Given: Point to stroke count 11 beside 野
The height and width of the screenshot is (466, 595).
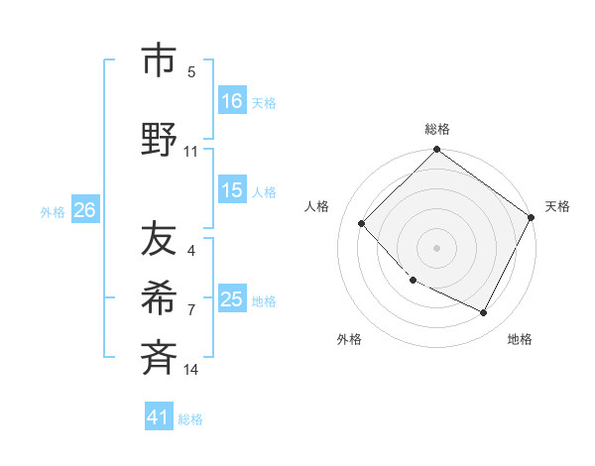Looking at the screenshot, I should pos(191,152).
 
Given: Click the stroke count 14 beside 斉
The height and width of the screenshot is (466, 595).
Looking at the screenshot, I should pos(191,370).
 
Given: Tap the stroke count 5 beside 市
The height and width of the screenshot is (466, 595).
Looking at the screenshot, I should pos(191,71).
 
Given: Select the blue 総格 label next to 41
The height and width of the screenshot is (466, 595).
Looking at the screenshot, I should pos(190,419).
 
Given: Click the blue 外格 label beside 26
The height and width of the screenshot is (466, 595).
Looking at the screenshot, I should pos(53,211).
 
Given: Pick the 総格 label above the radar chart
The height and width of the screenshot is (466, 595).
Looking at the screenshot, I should pos(437,129).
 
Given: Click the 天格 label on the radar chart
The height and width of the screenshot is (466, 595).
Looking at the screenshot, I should pos(558,206).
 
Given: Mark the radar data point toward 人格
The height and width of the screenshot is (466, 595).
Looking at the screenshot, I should pos(362,223).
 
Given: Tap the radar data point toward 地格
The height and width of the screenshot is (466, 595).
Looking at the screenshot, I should pos(484,312).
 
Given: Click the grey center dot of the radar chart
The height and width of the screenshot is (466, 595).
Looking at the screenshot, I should pos(437,247).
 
